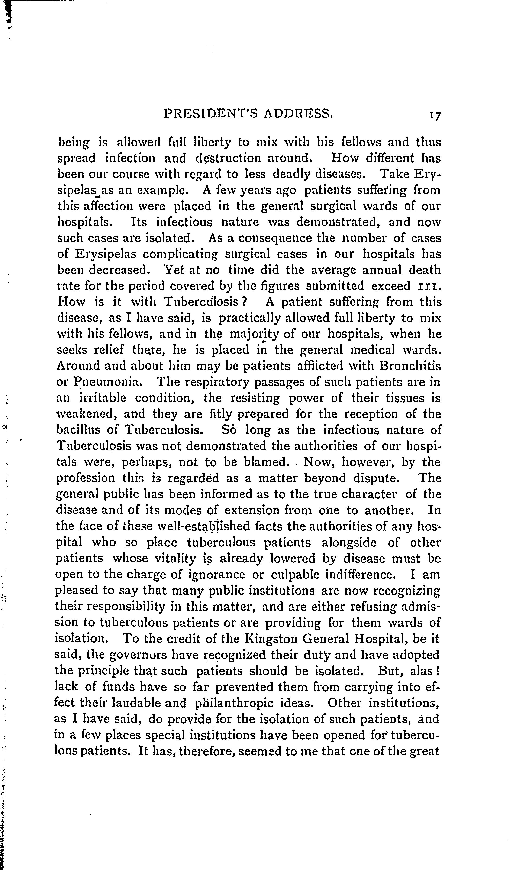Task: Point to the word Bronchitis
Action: coord(410,366)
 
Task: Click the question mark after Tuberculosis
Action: coord(244,301)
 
